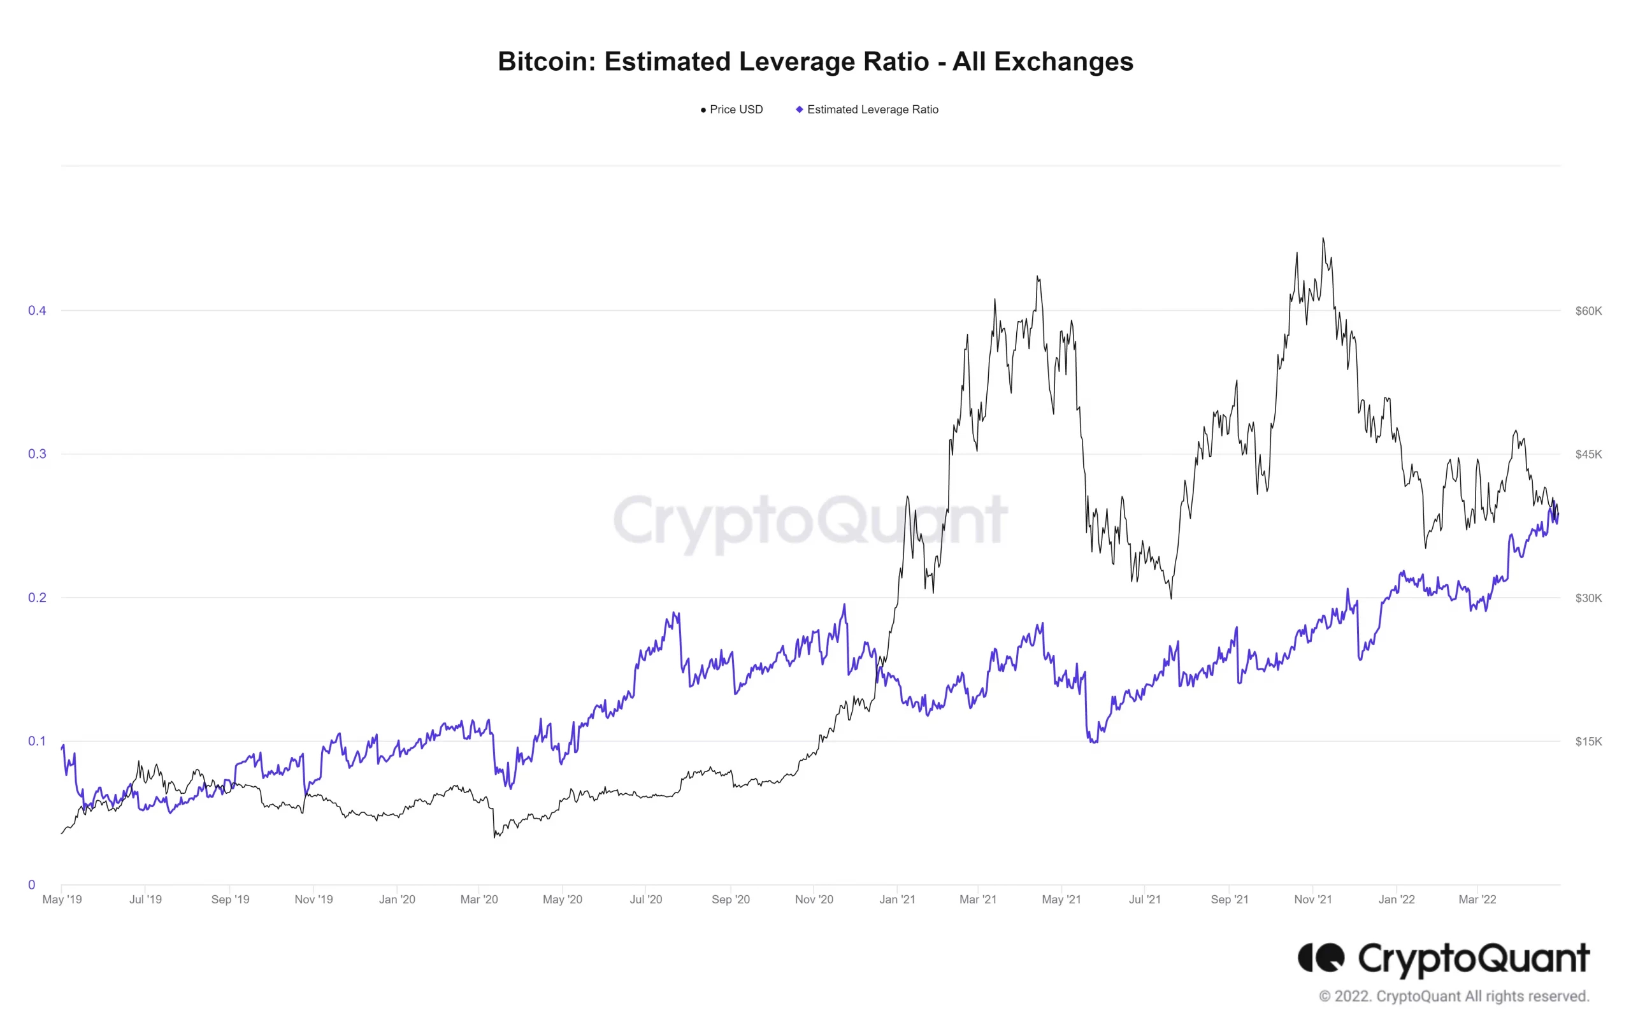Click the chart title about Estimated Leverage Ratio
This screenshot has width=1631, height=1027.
[815, 62]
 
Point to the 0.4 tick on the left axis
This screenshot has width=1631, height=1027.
[36, 311]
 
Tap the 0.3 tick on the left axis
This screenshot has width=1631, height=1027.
[36, 454]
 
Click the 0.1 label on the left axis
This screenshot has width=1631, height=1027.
[36, 741]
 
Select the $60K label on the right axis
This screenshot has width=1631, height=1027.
[1588, 311]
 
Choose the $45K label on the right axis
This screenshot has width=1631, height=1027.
[1588, 454]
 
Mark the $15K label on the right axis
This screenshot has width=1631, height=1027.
[1588, 742]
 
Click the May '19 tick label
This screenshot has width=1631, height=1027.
[62, 900]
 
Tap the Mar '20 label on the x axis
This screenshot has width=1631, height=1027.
[479, 900]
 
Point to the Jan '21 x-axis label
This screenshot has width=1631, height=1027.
[897, 900]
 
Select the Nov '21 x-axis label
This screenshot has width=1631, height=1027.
[1312, 900]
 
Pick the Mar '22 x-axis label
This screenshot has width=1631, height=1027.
[1477, 900]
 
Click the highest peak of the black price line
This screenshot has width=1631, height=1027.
[1323, 238]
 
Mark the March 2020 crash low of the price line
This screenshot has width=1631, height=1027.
[495, 837]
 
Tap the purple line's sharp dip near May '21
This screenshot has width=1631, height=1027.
[1093, 742]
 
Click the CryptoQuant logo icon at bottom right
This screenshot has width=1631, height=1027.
[1320, 958]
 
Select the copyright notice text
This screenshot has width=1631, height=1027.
[1453, 996]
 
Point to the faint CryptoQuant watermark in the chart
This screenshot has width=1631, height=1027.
[810, 521]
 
